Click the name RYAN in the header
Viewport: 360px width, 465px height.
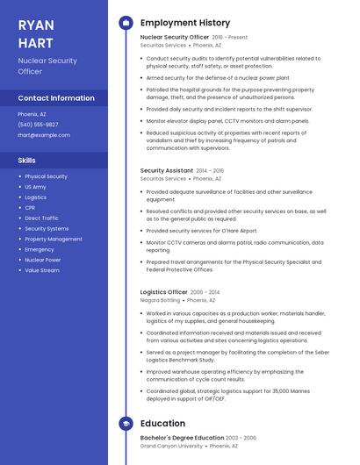(x=36, y=25)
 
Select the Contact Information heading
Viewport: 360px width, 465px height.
(x=56, y=98)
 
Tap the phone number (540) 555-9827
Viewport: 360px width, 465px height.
(x=38, y=125)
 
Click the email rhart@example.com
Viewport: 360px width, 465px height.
(x=44, y=135)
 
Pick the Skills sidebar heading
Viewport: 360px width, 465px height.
(x=27, y=161)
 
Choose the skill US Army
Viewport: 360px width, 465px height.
(x=35, y=187)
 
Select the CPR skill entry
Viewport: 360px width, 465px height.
(x=30, y=208)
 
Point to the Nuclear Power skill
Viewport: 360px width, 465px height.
(x=42, y=260)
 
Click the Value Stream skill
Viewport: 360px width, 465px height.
(x=42, y=270)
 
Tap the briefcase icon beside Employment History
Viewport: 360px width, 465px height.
(x=126, y=22)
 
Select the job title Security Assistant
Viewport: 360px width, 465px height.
(x=167, y=170)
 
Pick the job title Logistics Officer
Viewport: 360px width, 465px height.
(x=164, y=292)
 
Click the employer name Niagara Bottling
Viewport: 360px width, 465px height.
(x=160, y=300)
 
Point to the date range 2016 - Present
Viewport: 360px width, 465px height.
(x=230, y=38)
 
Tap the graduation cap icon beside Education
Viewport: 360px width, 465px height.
(x=126, y=424)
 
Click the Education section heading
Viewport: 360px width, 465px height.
(x=162, y=424)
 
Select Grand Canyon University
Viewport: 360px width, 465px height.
(x=171, y=445)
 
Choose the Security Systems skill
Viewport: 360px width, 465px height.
(x=47, y=228)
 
